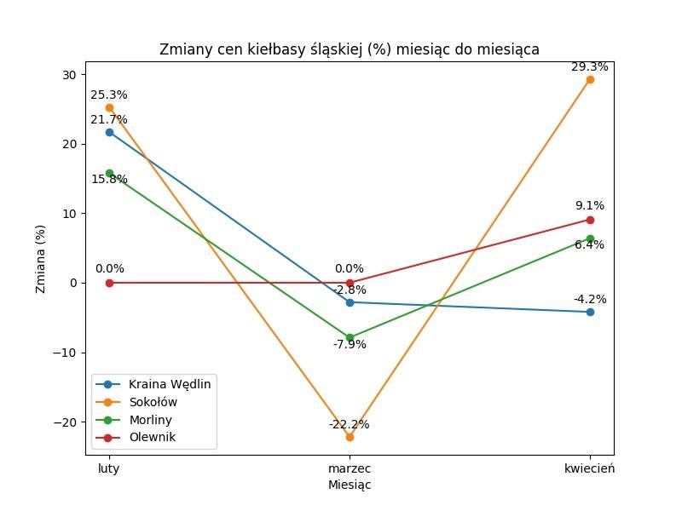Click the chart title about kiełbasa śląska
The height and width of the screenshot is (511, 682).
coord(350,49)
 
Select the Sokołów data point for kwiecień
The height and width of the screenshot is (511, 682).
coord(590,79)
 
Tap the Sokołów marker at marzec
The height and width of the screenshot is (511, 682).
coord(350,437)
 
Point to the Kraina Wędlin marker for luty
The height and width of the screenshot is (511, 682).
coord(109,132)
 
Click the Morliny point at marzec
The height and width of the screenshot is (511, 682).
coord(350,337)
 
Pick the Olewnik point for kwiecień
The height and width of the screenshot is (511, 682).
coord(590,220)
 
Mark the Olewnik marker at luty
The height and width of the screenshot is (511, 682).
coord(109,283)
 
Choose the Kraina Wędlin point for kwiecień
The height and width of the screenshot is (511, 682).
coord(590,312)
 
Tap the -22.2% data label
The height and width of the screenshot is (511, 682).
coord(350,424)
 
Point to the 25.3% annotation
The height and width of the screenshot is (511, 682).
coord(109,95)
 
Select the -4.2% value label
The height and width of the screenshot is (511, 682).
coord(590,299)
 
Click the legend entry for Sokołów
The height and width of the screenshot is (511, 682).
coord(153,402)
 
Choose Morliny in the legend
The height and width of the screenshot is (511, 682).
coord(150,420)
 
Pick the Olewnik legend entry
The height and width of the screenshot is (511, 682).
coord(152,439)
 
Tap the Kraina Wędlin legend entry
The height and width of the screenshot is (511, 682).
coord(169,383)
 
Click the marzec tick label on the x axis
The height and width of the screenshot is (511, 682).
coord(350,469)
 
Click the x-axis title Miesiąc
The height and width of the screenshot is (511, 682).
coord(350,485)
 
